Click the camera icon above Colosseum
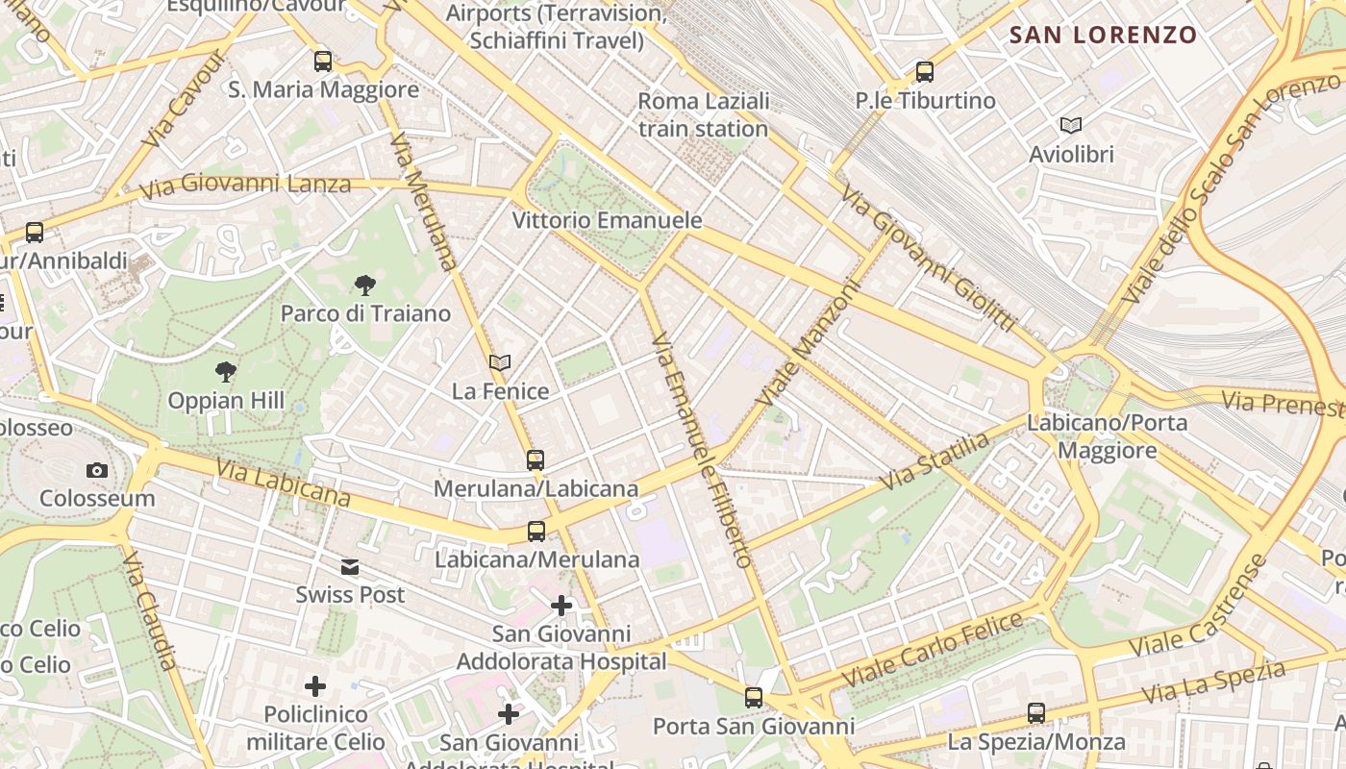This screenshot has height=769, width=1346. coord(97,470)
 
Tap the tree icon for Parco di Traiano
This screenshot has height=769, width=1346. coord(365,285)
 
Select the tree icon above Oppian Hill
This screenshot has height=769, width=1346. coord(226,371)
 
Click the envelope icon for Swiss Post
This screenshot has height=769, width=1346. coord(350,567)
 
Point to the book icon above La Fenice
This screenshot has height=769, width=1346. coord(500,362)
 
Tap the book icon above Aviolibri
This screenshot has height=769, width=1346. coord(1071,125)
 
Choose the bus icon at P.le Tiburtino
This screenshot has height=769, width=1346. coord(925,71)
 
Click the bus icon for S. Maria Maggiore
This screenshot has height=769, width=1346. coord(323,62)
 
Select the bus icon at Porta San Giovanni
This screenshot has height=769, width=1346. coord(754,697)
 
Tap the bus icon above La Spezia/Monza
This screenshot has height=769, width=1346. coord(1036,713)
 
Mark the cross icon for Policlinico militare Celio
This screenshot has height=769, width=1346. coord(315,686)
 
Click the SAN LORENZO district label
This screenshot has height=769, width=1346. coord(1103,36)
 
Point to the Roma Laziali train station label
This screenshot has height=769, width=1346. coord(703,114)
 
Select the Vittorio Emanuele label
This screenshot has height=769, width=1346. coord(607,220)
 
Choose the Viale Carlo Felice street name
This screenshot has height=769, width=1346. coord(934,650)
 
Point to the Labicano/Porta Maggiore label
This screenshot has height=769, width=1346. coord(1107,436)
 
